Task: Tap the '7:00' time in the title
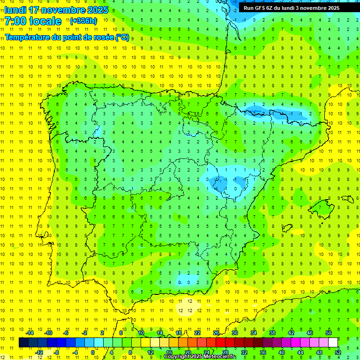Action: [x=15, y=21]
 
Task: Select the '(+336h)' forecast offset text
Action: [x=84, y=21]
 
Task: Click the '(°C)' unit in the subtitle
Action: [x=122, y=37]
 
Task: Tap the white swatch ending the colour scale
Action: [x=333, y=343]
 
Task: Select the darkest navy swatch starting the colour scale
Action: [x=23, y=343]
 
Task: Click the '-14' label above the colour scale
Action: [x=29, y=333]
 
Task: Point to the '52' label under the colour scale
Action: [x=338, y=352]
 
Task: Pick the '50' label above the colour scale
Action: [x=329, y=333]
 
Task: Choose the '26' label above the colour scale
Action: [x=216, y=333]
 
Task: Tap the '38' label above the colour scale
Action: [x=272, y=333]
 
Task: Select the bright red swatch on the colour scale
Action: [x=220, y=343]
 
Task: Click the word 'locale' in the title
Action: [x=44, y=21]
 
